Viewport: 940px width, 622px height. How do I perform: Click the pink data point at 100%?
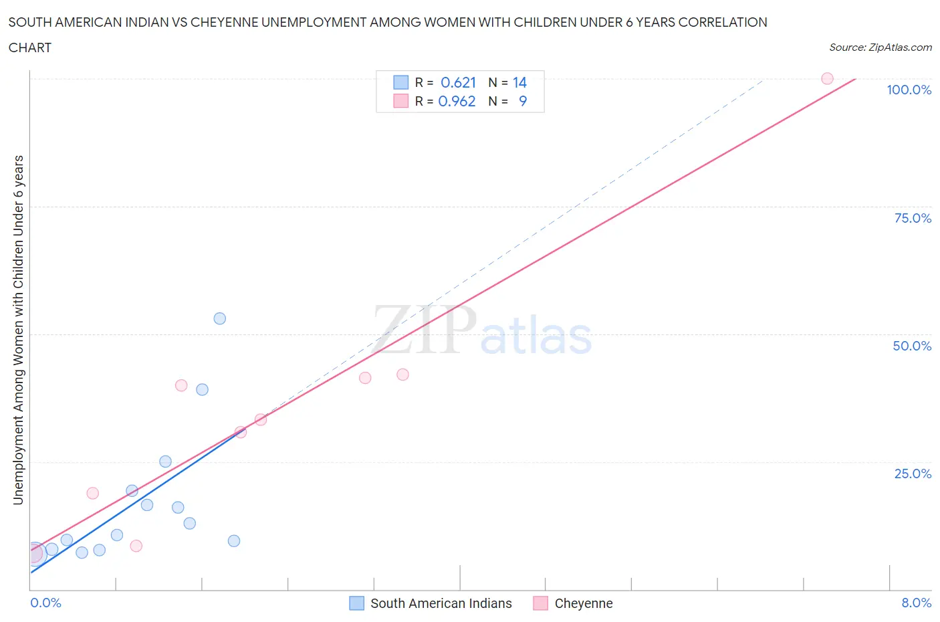tap(827, 78)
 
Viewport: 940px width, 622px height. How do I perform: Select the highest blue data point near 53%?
tap(219, 318)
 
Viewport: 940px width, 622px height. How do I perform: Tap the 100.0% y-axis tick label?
tap(909, 90)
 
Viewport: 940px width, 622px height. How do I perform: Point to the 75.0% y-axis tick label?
tap(913, 218)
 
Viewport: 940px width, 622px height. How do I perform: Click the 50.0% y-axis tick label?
tap(912, 346)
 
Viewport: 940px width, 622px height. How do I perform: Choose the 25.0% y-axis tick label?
tap(913, 474)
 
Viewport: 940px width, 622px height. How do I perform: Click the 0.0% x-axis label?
tap(45, 603)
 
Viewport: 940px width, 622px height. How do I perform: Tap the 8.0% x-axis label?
tap(916, 603)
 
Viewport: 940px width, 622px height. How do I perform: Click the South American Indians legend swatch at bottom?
tap(357, 603)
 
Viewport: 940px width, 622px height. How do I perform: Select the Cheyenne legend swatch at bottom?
tap(540, 603)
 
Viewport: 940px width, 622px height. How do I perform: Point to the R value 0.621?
tap(458, 82)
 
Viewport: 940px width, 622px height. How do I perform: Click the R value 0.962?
tap(457, 101)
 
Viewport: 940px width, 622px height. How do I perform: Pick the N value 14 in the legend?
tap(519, 82)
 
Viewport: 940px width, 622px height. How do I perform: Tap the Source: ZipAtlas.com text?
tap(880, 47)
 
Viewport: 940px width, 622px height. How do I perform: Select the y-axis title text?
tap(18, 330)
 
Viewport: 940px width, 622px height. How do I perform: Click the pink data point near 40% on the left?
tap(181, 385)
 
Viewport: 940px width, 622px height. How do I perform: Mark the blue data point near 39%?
tap(202, 389)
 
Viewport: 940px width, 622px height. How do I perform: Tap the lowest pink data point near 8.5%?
tap(136, 546)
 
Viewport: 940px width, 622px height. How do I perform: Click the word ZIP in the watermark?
tap(424, 330)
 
